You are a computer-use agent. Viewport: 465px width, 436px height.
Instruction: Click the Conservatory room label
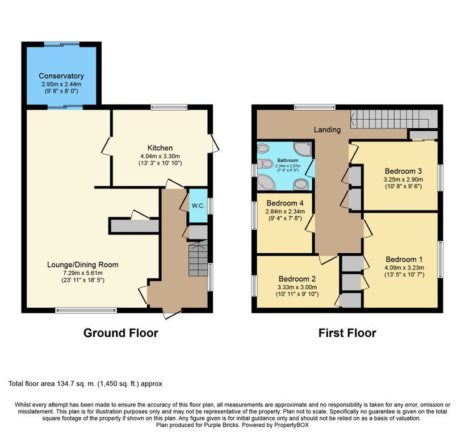[x=61, y=76]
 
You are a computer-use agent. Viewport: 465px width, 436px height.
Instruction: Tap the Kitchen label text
[x=160, y=148]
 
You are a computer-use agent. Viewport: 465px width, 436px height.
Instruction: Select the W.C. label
[x=198, y=206]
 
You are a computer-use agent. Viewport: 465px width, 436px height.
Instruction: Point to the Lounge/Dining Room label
[x=83, y=265]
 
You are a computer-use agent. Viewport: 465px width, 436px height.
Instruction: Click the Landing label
[x=328, y=129]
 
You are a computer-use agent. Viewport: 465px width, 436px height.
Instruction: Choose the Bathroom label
[x=288, y=160]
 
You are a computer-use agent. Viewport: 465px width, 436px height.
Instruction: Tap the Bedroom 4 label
[x=285, y=203]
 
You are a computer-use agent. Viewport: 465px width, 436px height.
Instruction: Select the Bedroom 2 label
[x=297, y=279]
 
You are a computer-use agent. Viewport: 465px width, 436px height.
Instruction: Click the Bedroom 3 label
[x=403, y=171]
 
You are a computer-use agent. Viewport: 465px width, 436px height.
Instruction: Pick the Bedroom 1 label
[x=404, y=259]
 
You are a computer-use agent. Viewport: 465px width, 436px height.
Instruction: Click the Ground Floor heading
[x=121, y=333]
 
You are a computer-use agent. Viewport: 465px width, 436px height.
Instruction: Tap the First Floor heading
[x=347, y=333]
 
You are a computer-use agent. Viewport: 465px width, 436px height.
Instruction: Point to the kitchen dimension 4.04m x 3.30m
[x=160, y=156]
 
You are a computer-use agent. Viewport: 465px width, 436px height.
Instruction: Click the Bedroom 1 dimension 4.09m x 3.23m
[x=404, y=267]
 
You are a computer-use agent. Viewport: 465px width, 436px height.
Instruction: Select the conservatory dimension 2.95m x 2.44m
[x=61, y=84]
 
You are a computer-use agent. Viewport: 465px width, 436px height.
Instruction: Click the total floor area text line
[x=85, y=384]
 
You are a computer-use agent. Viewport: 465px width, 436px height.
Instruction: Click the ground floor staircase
[x=198, y=258]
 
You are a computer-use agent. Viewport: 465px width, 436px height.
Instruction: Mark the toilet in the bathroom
[x=265, y=163]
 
